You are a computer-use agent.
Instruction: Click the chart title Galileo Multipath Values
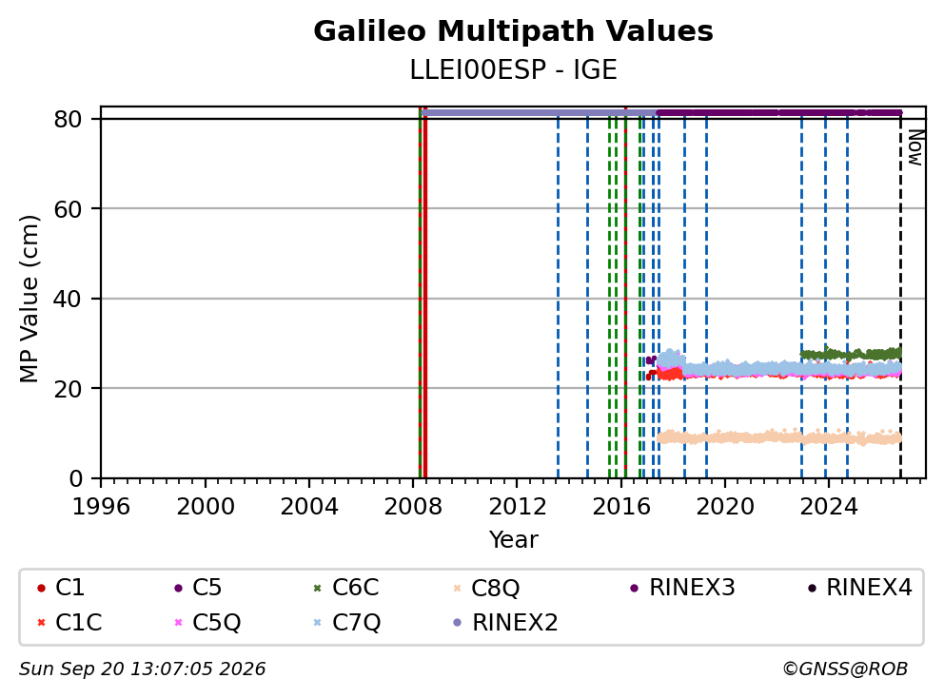click(x=513, y=31)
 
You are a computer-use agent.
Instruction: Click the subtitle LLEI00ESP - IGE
click(x=513, y=70)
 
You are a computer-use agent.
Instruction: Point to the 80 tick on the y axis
click(x=68, y=119)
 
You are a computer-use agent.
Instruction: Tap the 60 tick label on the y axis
click(x=68, y=209)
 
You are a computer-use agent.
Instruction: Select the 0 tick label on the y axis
click(x=75, y=478)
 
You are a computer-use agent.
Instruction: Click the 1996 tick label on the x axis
click(x=101, y=507)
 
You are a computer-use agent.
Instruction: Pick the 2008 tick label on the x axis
click(x=413, y=507)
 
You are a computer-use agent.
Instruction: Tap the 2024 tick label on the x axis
click(x=829, y=507)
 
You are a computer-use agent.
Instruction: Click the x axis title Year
click(x=513, y=540)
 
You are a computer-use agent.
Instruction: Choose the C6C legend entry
click(x=347, y=588)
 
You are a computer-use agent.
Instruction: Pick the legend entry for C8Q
click(x=486, y=588)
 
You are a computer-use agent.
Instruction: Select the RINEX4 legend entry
click(x=860, y=588)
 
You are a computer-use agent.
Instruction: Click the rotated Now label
click(x=915, y=147)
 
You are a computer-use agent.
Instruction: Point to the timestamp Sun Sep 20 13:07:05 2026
click(x=142, y=669)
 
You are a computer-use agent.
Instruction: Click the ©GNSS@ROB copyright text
click(x=845, y=669)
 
